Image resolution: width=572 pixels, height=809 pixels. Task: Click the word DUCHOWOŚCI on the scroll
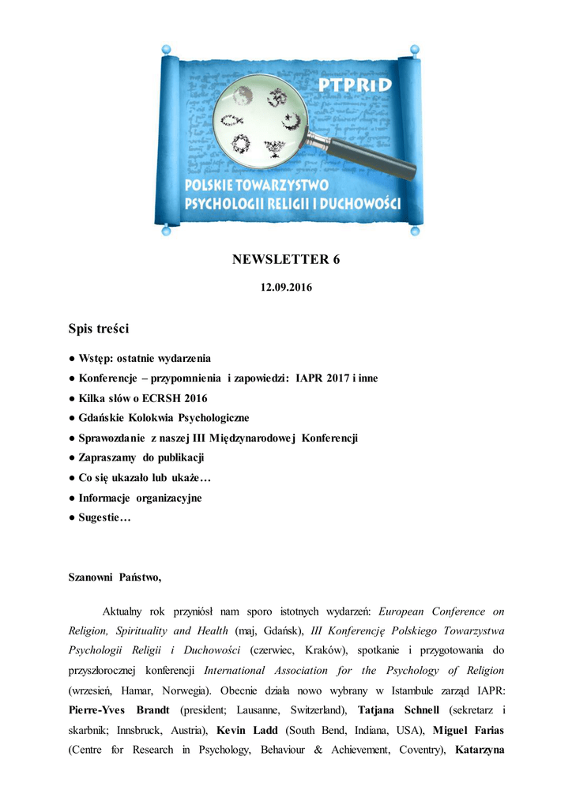[360, 204]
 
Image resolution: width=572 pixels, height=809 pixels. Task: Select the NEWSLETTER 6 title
[286, 259]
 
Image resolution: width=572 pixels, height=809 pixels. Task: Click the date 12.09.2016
[286, 288]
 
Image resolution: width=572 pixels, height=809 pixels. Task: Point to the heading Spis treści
[99, 328]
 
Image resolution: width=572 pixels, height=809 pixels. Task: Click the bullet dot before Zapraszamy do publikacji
[72, 458]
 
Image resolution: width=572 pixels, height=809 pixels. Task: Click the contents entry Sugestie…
[104, 517]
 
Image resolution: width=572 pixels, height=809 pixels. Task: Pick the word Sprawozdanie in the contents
[117, 438]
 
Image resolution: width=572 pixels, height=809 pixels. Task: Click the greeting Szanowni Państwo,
[115, 578]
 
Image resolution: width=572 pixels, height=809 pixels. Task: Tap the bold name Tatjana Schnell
[394, 709]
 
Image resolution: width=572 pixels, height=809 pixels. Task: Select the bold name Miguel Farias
[467, 729]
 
